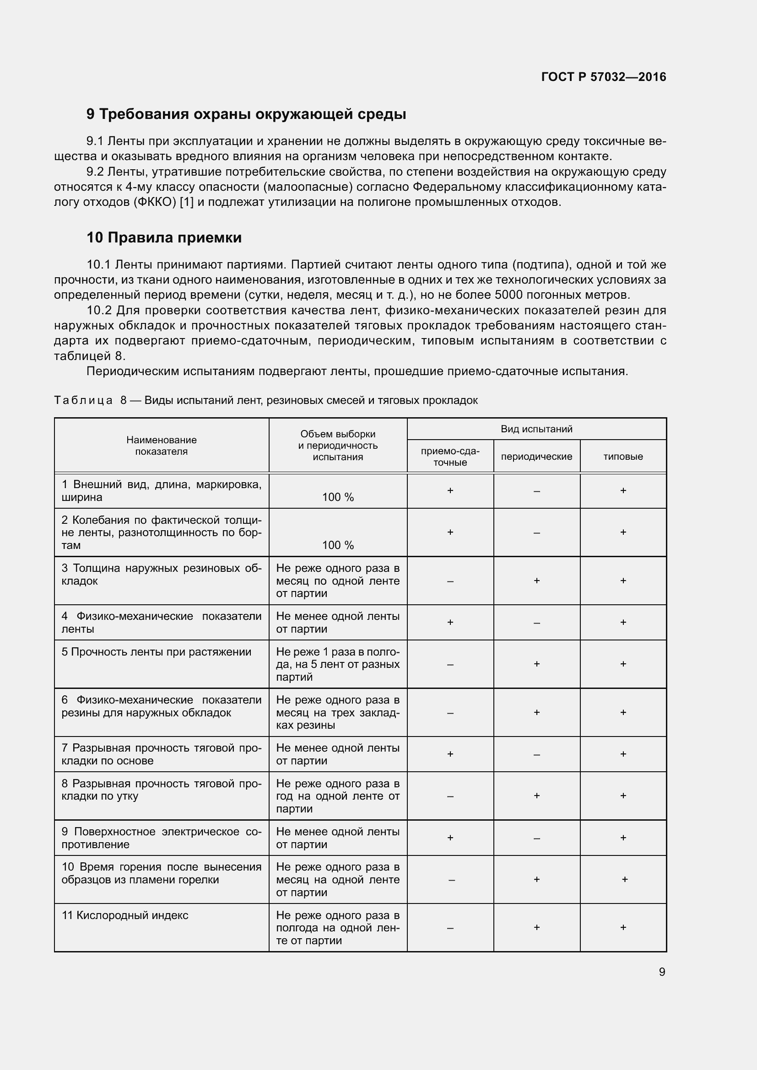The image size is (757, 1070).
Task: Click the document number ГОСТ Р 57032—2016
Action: click(x=604, y=77)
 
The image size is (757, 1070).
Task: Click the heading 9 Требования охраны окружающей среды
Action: click(x=246, y=114)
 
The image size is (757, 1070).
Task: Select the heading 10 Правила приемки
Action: click(x=164, y=238)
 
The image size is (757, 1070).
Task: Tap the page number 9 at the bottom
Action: click(x=662, y=972)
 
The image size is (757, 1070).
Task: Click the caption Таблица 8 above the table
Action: click(x=266, y=400)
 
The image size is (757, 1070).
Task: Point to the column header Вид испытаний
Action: click(x=536, y=429)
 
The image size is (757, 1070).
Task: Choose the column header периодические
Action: click(x=536, y=457)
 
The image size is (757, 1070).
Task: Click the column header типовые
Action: click(x=623, y=457)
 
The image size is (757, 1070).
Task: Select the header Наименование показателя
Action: click(x=161, y=446)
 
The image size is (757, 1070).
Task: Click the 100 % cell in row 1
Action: click(x=338, y=497)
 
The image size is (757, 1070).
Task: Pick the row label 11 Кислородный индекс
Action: click(x=125, y=915)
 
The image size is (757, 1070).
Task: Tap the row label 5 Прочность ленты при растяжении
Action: click(x=157, y=652)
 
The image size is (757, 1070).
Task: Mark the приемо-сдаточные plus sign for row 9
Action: click(x=450, y=838)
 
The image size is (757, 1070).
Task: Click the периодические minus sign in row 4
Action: click(x=536, y=623)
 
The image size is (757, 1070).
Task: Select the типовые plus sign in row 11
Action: click(x=623, y=927)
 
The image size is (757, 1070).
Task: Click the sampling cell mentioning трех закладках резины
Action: click(x=338, y=713)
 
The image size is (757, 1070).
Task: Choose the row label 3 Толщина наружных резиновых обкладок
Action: click(x=161, y=575)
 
